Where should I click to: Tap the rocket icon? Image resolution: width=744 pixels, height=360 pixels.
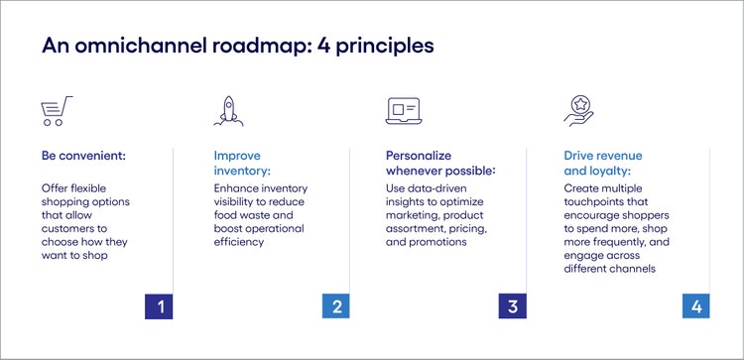pyautogui.click(x=229, y=109)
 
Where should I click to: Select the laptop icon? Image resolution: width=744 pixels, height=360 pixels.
pyautogui.click(x=403, y=109)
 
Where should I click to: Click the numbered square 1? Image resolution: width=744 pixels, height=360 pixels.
pyautogui.click(x=159, y=305)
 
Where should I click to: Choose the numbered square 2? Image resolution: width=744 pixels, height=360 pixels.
pyautogui.click(x=336, y=305)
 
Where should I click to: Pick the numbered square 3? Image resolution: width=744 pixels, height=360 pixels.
pyautogui.click(x=512, y=305)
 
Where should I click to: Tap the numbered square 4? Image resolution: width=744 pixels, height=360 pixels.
pyautogui.click(x=695, y=305)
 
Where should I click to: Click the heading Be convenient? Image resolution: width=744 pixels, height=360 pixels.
pyautogui.click(x=84, y=156)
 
